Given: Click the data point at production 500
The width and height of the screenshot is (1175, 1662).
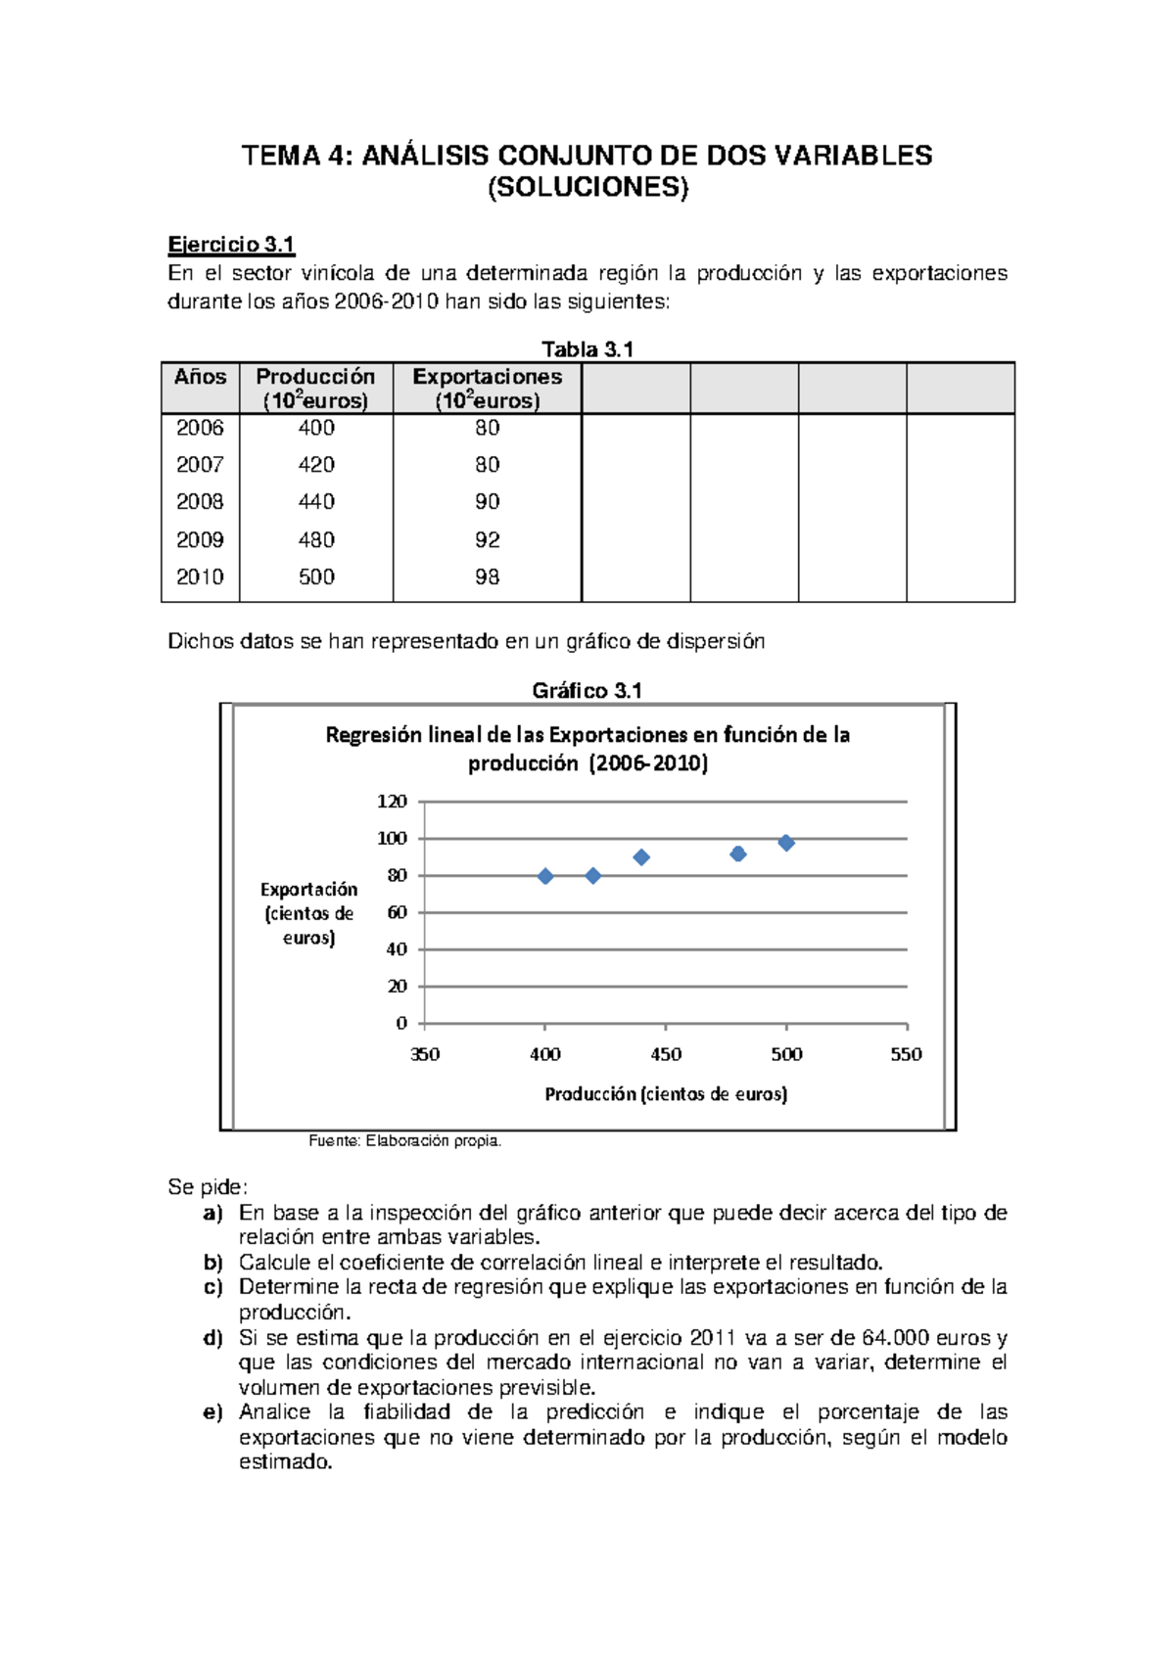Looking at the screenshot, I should [x=786, y=843].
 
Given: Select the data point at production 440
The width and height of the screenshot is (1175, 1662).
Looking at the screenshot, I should [x=641, y=857].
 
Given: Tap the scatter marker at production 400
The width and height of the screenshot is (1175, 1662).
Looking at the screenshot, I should [x=545, y=876].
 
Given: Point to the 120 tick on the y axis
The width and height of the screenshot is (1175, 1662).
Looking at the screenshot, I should [x=393, y=802].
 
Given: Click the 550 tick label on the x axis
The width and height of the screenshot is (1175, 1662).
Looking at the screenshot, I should [x=906, y=1054].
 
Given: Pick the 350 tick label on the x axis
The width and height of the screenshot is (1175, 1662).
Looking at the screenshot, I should [x=425, y=1054].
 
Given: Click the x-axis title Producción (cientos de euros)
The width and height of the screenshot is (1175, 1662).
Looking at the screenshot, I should [x=666, y=1094].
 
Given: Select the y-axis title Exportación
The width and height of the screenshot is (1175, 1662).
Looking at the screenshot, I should [x=308, y=890].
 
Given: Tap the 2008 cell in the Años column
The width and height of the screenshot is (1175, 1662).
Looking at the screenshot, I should [x=200, y=502].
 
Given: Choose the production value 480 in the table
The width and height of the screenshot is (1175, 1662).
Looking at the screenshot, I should [x=316, y=540].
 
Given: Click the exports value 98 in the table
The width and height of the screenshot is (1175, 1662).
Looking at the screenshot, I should [x=487, y=577].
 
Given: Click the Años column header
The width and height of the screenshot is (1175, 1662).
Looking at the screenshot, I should [x=200, y=378].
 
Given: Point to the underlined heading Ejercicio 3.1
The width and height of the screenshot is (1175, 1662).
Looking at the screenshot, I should [x=231, y=245].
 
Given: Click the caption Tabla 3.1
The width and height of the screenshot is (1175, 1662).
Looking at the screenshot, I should [x=587, y=349].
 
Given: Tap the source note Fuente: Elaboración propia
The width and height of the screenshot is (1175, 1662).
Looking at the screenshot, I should [x=404, y=1140].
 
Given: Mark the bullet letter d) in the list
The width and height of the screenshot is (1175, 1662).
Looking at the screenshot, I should [x=213, y=1338].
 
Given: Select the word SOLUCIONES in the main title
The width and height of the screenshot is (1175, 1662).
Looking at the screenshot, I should [x=587, y=188].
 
